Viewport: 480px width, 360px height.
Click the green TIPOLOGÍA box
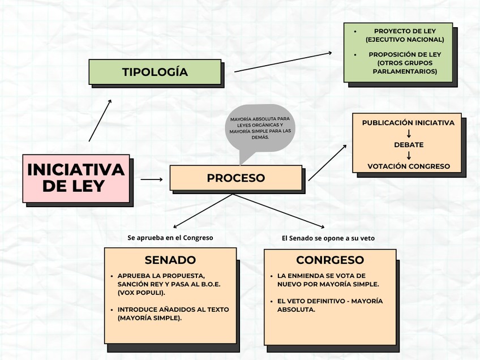coord(155,72)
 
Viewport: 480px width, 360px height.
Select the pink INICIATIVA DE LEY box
coord(76,178)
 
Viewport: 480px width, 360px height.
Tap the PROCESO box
coord(235,178)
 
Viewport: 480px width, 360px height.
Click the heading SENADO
coord(170,260)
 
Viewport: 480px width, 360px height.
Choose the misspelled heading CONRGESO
coord(330,260)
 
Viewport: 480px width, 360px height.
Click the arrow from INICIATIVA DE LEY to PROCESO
coord(151,179)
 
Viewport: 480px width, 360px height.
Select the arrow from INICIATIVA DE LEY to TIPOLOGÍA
coord(100,120)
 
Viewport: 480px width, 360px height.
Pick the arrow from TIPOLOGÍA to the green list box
coord(283,62)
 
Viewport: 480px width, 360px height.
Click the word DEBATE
coord(409,144)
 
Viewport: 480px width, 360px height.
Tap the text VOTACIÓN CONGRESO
coord(409,166)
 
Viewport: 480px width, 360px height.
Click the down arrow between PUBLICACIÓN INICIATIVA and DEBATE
coord(409,134)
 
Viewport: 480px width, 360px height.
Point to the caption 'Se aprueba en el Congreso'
coord(170,238)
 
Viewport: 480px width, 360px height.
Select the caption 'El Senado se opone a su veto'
coord(328,238)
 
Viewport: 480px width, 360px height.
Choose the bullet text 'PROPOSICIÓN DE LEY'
coord(405,54)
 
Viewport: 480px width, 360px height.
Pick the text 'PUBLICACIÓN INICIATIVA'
coord(408,123)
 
